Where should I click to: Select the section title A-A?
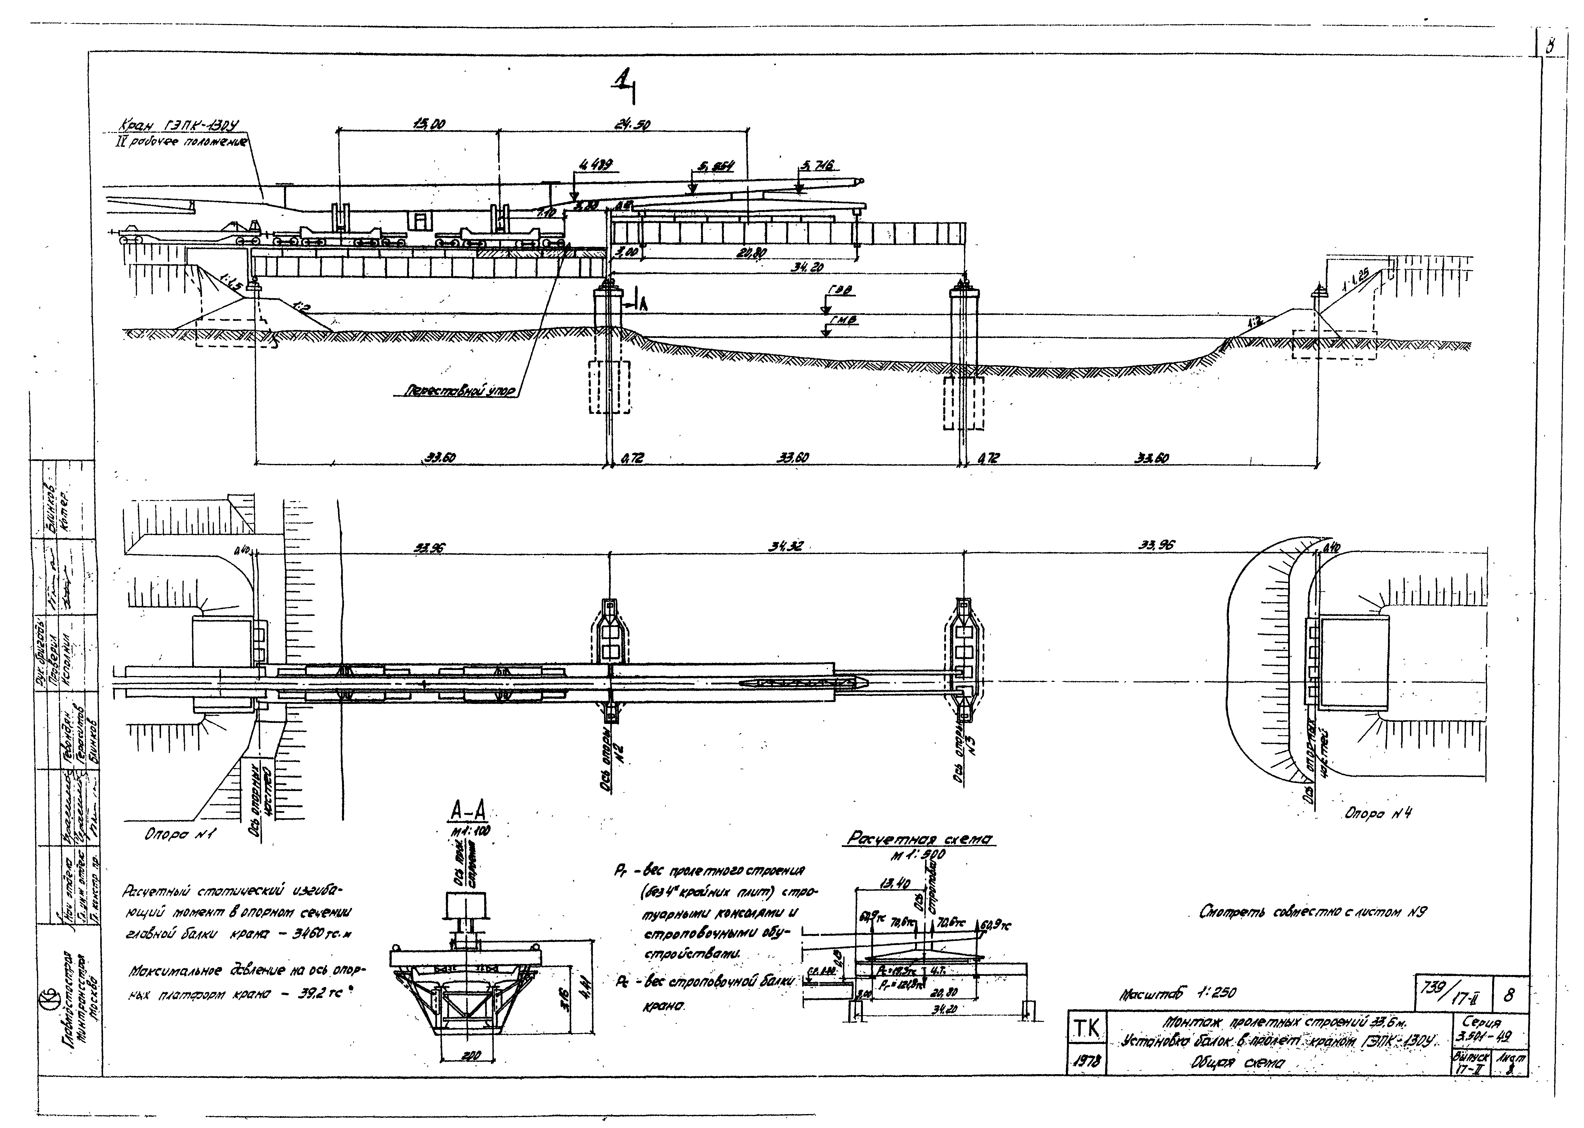pyautogui.click(x=468, y=810)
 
